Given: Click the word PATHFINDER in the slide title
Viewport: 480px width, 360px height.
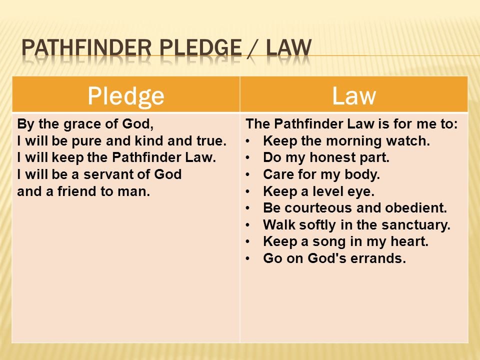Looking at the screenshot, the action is (x=86, y=48).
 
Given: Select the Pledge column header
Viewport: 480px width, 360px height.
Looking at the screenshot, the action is (x=126, y=96).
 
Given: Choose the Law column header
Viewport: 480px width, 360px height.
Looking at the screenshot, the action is (x=354, y=96).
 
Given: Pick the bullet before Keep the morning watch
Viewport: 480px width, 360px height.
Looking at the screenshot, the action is (x=247, y=141).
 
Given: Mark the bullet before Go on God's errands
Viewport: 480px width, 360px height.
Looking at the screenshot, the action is (x=247, y=258).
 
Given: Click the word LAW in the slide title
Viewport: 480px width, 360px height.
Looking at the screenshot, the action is (x=288, y=48).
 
